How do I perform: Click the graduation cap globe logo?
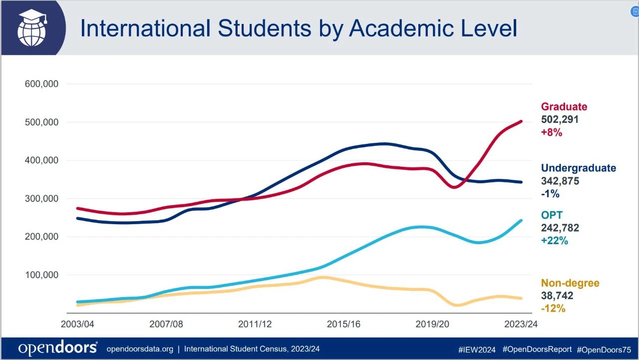click(x=32, y=27)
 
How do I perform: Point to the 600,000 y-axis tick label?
click(x=41, y=84)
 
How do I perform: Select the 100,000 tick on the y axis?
click(x=41, y=275)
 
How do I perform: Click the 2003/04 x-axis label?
click(x=77, y=324)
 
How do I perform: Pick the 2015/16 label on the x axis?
click(x=343, y=324)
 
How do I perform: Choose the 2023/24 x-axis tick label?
click(x=521, y=324)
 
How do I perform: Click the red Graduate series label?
click(x=564, y=107)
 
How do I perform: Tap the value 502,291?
click(x=560, y=119)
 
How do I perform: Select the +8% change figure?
click(x=552, y=132)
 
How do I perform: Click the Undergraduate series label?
click(x=579, y=168)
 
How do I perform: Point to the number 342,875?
click(x=560, y=181)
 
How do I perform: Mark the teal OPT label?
click(x=552, y=215)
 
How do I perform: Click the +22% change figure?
click(x=555, y=241)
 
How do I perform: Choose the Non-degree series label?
click(x=570, y=283)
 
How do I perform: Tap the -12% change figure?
click(x=553, y=309)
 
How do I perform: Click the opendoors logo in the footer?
click(x=58, y=348)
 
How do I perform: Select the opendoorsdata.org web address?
click(x=140, y=349)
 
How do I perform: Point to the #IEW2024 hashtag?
click(x=477, y=350)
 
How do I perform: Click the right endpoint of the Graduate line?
click(x=521, y=121)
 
